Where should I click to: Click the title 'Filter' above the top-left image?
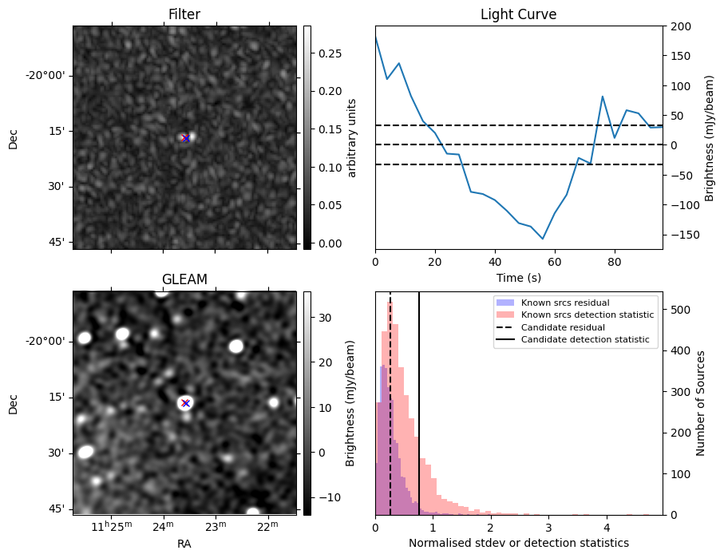click(184, 14)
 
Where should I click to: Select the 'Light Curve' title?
click(518, 14)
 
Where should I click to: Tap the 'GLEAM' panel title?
click(184, 279)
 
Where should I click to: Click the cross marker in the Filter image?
click(186, 138)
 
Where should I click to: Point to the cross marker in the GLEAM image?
click(186, 403)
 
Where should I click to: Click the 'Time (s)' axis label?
click(518, 276)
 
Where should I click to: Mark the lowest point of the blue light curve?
click(543, 239)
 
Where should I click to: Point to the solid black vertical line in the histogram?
click(419, 399)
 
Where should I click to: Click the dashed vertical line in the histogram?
click(390, 399)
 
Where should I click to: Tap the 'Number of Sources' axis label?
click(701, 403)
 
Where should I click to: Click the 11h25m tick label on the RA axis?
click(110, 526)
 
